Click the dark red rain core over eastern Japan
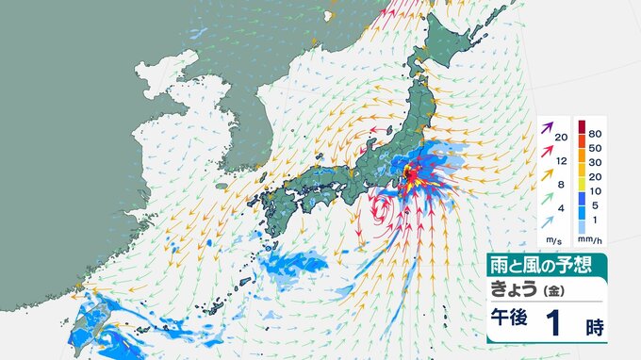411,172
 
